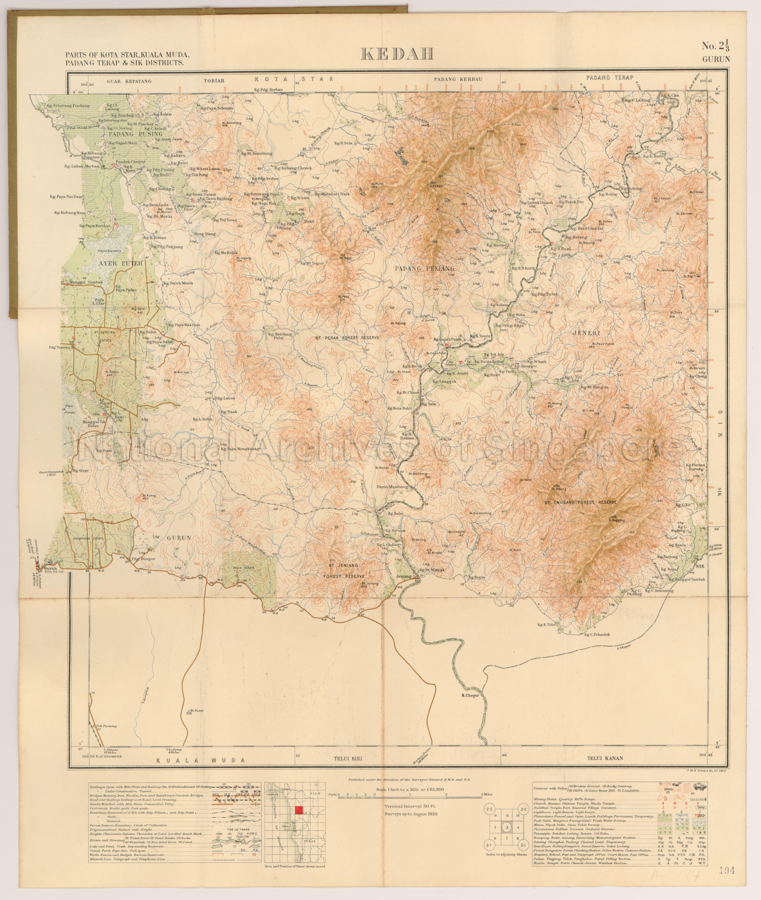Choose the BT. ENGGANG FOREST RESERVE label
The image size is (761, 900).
tap(580, 503)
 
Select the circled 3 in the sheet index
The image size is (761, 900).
tap(507, 827)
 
